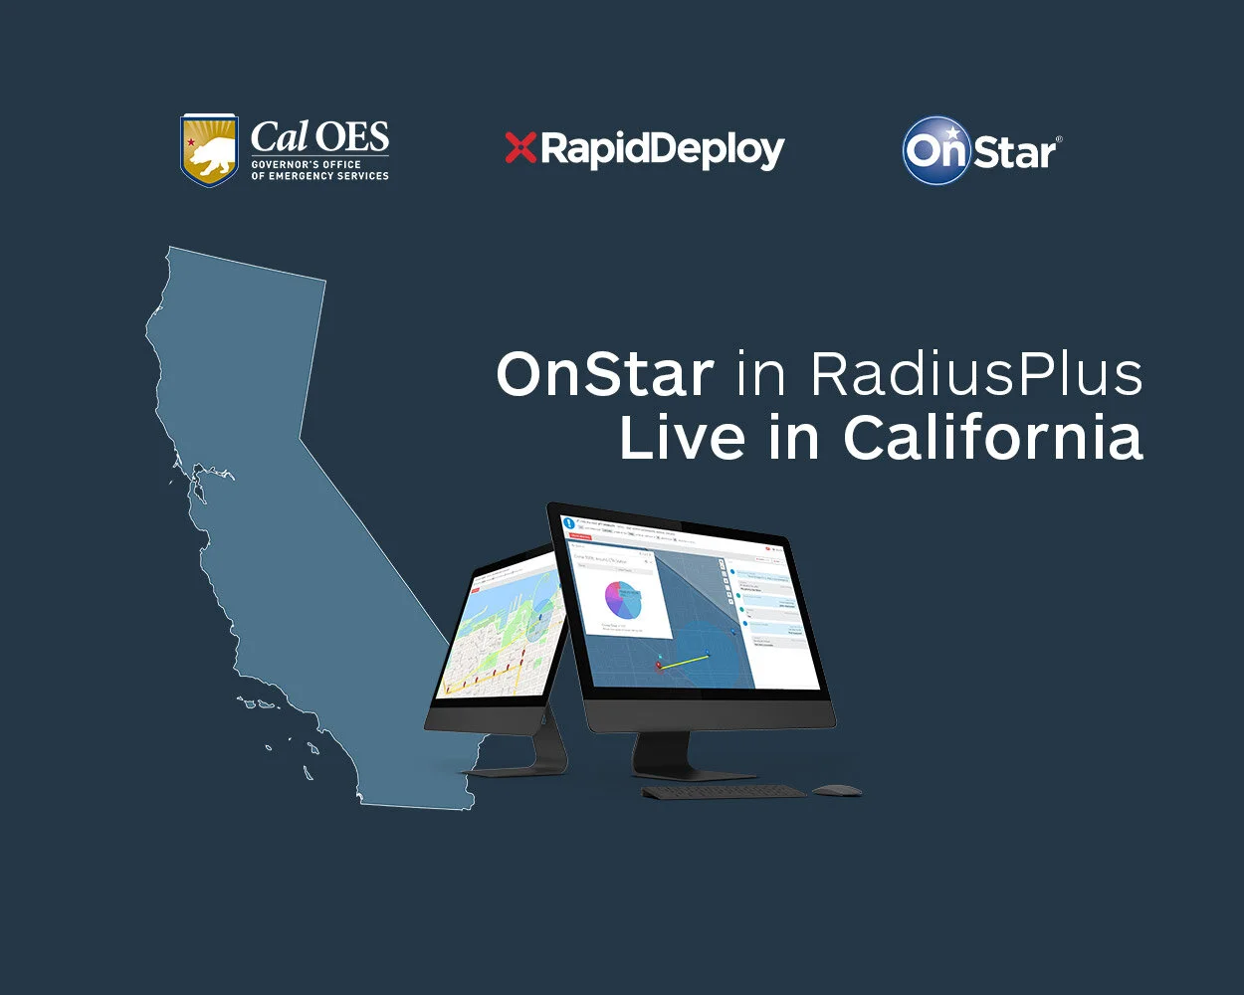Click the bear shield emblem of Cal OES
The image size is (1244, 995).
pyautogui.click(x=209, y=150)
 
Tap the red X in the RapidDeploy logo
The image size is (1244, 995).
pyautogui.click(x=520, y=148)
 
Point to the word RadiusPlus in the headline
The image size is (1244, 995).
pyautogui.click(x=976, y=375)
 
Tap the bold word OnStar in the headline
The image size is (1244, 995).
pyautogui.click(x=605, y=375)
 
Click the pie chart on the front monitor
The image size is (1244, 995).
pyautogui.click(x=622, y=601)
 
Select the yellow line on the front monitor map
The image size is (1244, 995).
pyautogui.click(x=684, y=661)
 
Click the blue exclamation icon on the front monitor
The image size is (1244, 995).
pyautogui.click(x=569, y=521)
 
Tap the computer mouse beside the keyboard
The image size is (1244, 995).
pyautogui.click(x=836, y=790)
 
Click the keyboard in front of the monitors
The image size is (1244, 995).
pyautogui.click(x=724, y=792)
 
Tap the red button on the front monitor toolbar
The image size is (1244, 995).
pyautogui.click(x=579, y=536)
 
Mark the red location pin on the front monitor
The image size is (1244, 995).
pyautogui.click(x=658, y=665)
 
